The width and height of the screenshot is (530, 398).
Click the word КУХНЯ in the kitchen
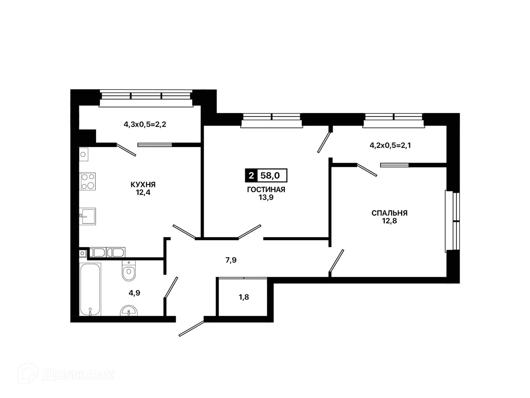coord(143,185)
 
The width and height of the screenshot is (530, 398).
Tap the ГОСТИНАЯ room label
coord(266,189)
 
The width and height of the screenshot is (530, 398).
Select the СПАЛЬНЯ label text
coord(389,213)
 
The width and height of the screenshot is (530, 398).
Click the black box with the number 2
coord(251,175)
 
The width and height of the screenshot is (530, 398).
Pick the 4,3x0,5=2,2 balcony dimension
coord(145,125)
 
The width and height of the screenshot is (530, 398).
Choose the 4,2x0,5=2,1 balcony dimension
coord(390,146)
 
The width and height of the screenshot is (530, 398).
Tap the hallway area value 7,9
coord(231,260)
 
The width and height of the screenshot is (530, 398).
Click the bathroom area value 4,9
coord(134,293)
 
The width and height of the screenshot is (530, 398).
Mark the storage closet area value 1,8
coord(244,297)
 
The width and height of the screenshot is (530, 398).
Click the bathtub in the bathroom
coord(90,289)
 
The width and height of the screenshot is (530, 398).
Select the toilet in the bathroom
coord(129,270)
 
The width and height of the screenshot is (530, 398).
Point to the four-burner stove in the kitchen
coord(87,181)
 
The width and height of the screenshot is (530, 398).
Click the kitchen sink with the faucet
coord(87,216)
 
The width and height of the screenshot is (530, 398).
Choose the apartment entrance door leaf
coord(191,328)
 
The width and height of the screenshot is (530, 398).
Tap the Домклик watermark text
coord(78,375)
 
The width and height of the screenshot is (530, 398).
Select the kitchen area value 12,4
coord(143,193)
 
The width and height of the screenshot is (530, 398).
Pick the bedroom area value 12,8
coord(389,221)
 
